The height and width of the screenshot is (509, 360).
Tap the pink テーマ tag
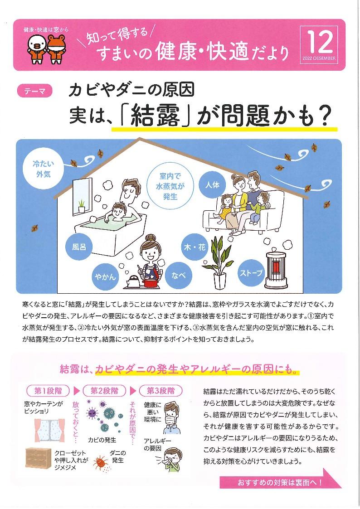pos(34,91)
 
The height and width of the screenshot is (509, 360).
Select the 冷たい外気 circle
pos(43,169)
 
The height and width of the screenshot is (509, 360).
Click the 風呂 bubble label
pos(79,247)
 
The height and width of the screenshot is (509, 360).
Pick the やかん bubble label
pos(105,277)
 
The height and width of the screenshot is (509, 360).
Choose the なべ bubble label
pos(178,276)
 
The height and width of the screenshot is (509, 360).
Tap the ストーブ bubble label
pos(251,273)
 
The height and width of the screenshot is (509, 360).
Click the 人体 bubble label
pos(212,185)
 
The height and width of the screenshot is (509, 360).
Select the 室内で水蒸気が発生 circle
pos(170,186)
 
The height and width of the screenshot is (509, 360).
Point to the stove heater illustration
pos(277,270)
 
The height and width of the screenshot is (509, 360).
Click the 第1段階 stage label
pos(48,391)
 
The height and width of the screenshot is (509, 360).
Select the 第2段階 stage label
pos(105,391)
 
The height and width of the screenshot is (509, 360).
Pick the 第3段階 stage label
pos(161,391)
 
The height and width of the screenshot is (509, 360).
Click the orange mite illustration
pos(101,463)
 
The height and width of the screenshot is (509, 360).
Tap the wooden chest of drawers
pos(38,458)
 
